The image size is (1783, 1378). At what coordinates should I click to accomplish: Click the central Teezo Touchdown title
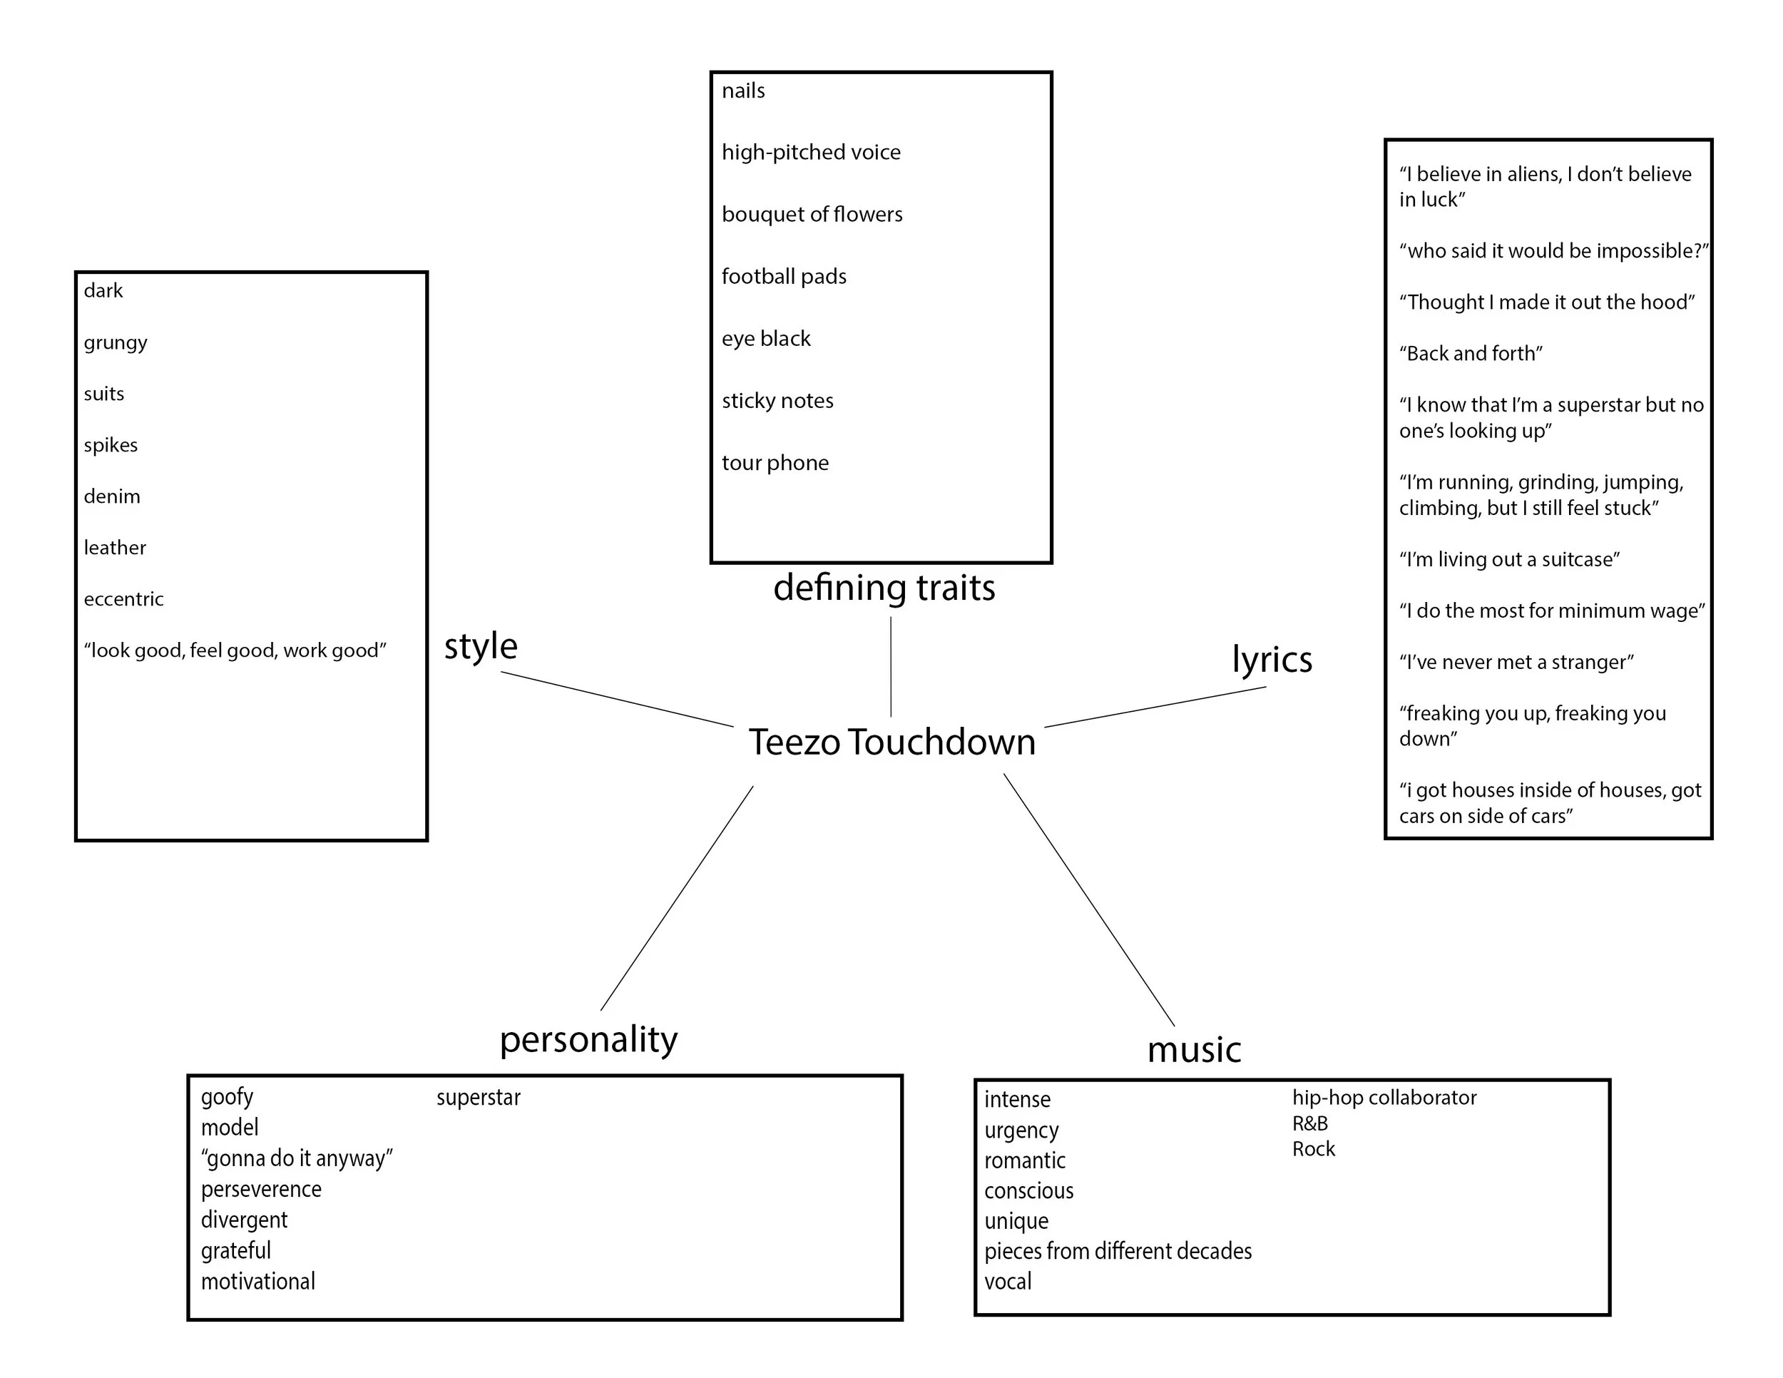point(891,742)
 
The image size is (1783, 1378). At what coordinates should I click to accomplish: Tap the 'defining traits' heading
point(884,588)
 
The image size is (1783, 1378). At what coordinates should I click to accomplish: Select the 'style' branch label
point(481,646)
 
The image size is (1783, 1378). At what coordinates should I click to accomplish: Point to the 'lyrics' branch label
point(1272,660)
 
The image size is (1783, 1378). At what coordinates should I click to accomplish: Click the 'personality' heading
point(588,1040)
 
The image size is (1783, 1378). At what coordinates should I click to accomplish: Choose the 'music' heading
point(1194,1050)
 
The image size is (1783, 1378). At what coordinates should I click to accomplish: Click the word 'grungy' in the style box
point(115,342)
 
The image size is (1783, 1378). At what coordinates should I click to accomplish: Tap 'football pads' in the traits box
point(784,277)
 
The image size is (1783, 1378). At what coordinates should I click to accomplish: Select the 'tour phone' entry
point(775,463)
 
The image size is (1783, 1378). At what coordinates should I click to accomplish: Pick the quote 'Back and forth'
point(1471,354)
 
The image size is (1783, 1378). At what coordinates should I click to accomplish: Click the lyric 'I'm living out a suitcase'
point(1508,559)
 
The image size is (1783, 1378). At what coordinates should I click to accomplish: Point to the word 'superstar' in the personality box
point(479,1097)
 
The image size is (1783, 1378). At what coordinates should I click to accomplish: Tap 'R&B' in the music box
point(1309,1123)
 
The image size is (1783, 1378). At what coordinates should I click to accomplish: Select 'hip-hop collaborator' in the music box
point(1384,1097)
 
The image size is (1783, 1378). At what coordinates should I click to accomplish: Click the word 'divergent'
point(244,1220)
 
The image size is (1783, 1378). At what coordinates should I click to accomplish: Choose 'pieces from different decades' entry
point(1118,1250)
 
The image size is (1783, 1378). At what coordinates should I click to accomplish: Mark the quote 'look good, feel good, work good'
point(235,650)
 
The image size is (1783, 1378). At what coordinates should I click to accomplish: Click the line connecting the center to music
point(1089,899)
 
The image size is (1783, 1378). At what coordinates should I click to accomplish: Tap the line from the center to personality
point(677,898)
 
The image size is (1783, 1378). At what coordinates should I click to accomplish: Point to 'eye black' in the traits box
point(766,339)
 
